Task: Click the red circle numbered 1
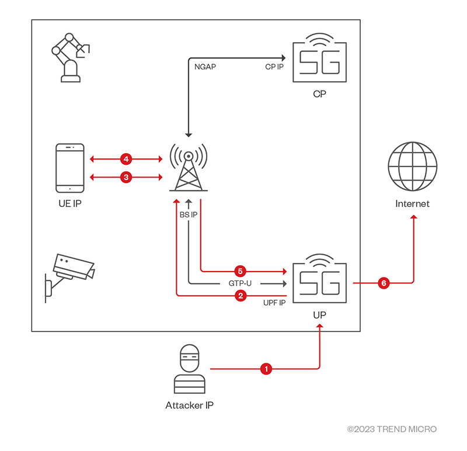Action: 267,369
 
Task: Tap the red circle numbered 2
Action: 239,296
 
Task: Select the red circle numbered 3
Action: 125,177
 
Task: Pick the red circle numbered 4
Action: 125,158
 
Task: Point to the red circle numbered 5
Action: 239,271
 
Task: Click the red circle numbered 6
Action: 384,283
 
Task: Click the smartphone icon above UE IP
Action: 69,168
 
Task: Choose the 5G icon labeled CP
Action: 318,62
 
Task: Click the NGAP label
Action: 205,67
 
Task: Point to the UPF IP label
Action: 274,304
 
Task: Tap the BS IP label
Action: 189,214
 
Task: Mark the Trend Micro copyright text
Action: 392,429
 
